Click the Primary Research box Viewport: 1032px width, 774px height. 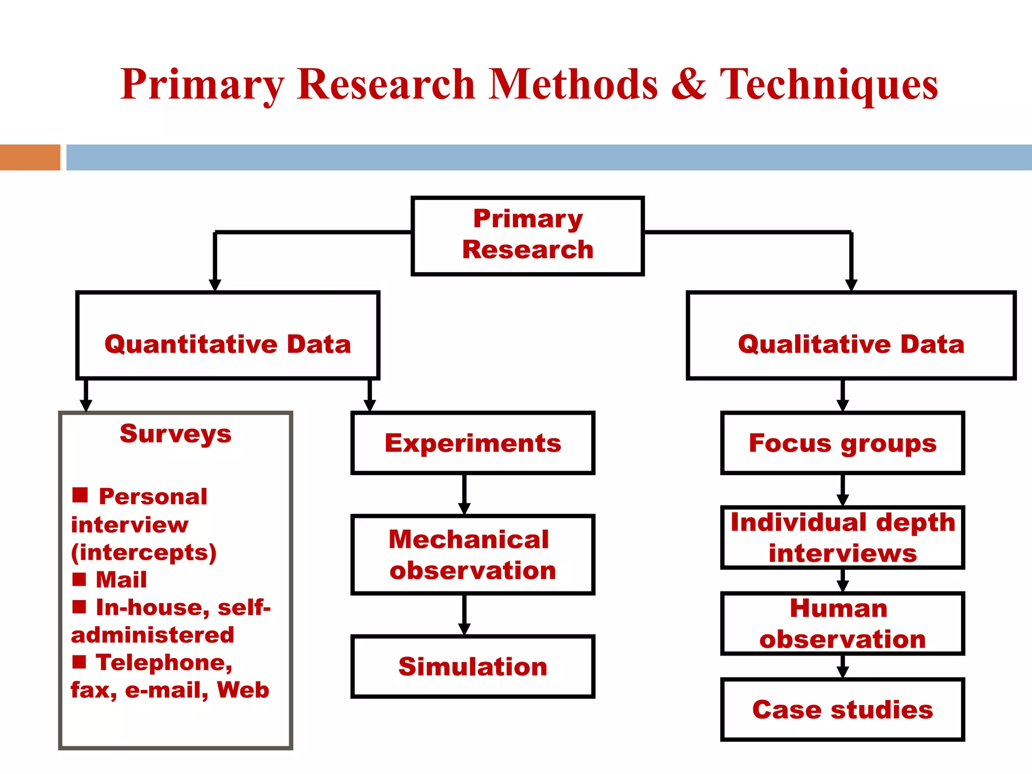(x=528, y=235)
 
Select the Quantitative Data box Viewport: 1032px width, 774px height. (x=227, y=335)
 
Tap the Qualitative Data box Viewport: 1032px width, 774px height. (x=851, y=335)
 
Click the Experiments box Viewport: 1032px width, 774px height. (x=473, y=443)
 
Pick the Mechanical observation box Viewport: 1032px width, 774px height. (x=473, y=554)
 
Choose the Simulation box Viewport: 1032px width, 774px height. (x=473, y=666)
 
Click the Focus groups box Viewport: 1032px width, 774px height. (x=842, y=443)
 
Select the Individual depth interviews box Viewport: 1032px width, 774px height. (x=842, y=537)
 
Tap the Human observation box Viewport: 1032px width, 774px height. (x=842, y=623)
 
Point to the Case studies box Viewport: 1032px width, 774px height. (x=842, y=709)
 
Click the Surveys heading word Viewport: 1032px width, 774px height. (x=175, y=433)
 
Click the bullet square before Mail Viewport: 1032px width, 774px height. (x=80, y=579)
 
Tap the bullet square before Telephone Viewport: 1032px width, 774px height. (x=80, y=662)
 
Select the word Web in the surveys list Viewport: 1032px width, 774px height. (x=243, y=690)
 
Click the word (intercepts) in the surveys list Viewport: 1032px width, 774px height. (x=144, y=552)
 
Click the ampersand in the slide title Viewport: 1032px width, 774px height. (x=688, y=85)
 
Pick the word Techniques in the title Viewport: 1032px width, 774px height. (x=828, y=85)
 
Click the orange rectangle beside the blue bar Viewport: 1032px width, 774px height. (x=30, y=157)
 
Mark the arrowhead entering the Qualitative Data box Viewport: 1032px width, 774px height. (x=851, y=286)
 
